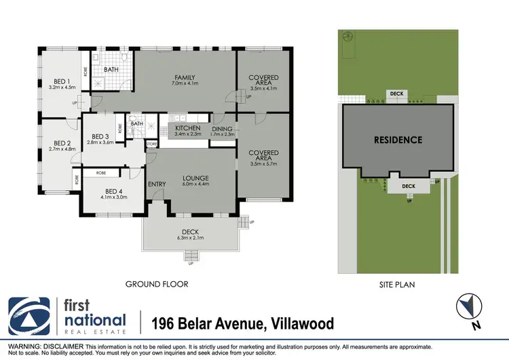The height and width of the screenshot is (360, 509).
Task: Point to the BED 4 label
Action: (x=113, y=191)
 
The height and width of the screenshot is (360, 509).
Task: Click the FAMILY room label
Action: (x=184, y=77)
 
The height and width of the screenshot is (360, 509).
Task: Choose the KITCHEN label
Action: (x=187, y=128)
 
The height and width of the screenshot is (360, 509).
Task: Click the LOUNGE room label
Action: (x=195, y=177)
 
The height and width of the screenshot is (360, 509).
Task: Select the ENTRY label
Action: (x=156, y=184)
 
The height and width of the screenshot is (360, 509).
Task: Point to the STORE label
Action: (x=152, y=144)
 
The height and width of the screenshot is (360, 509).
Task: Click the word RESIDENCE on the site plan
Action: (x=398, y=141)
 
